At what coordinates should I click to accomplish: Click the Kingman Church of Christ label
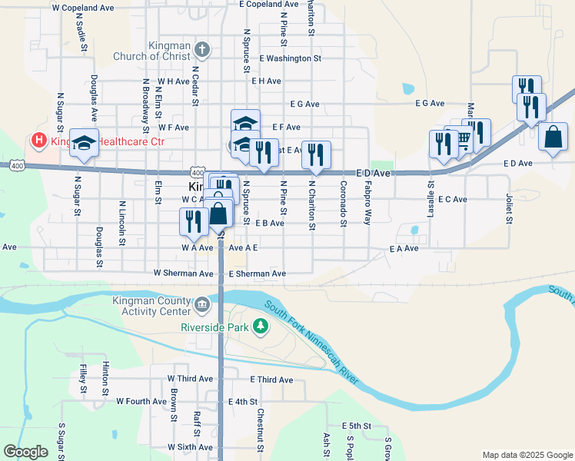point(150,50)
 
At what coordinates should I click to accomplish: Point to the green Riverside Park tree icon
point(261,327)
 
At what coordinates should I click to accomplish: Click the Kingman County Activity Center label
point(151,306)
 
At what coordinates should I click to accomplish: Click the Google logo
point(26,452)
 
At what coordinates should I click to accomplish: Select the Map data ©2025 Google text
point(526,455)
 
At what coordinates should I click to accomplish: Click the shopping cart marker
point(463,139)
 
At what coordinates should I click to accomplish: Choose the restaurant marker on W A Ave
point(193,221)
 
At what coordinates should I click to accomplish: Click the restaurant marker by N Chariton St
point(316,154)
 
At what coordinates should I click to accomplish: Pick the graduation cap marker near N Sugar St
point(85,142)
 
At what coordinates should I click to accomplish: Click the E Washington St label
point(290,58)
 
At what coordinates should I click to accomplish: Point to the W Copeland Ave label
point(83,7)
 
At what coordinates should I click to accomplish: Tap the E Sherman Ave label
point(257,274)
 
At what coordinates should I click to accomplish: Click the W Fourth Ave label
point(141,401)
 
